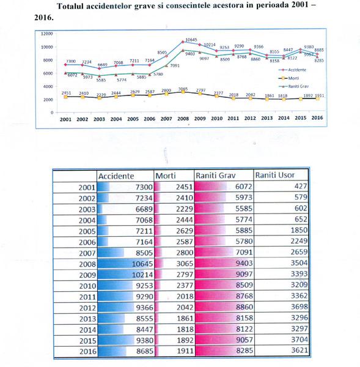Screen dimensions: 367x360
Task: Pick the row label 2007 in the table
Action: pos(79,252)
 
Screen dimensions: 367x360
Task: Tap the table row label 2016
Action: pos(79,353)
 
